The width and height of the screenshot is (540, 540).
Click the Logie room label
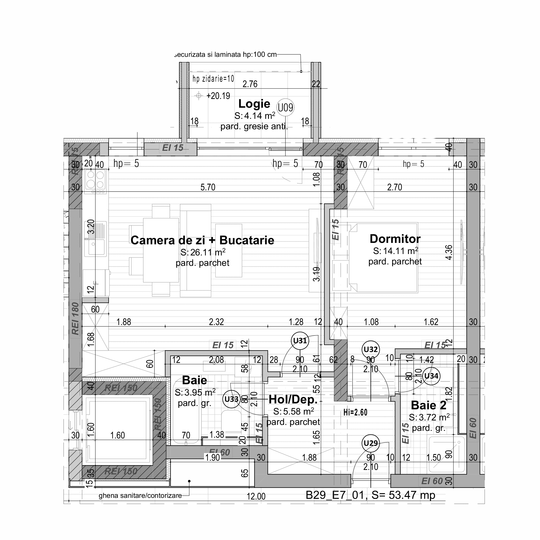(x=254, y=104)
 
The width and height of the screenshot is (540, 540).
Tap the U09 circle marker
(x=285, y=108)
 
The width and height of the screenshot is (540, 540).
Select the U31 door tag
(x=300, y=341)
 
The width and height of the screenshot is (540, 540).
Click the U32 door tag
(x=371, y=349)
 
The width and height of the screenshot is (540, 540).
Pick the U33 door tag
(x=232, y=399)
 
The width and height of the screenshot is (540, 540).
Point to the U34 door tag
(x=431, y=376)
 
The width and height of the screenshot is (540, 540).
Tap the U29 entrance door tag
(x=371, y=443)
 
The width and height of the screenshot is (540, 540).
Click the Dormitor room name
(x=395, y=239)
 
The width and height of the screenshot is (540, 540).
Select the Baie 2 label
(x=428, y=405)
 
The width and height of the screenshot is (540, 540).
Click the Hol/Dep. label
(x=293, y=400)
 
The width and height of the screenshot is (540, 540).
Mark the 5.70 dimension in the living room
(x=208, y=187)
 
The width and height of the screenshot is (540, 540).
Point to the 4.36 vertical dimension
(x=449, y=252)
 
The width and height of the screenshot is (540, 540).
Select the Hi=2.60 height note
(x=355, y=412)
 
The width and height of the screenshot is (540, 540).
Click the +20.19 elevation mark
(x=218, y=96)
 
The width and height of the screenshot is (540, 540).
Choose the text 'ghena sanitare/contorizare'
(x=140, y=496)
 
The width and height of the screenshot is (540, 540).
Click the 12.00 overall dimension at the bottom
(x=256, y=497)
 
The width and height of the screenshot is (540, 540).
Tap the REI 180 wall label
(x=76, y=319)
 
